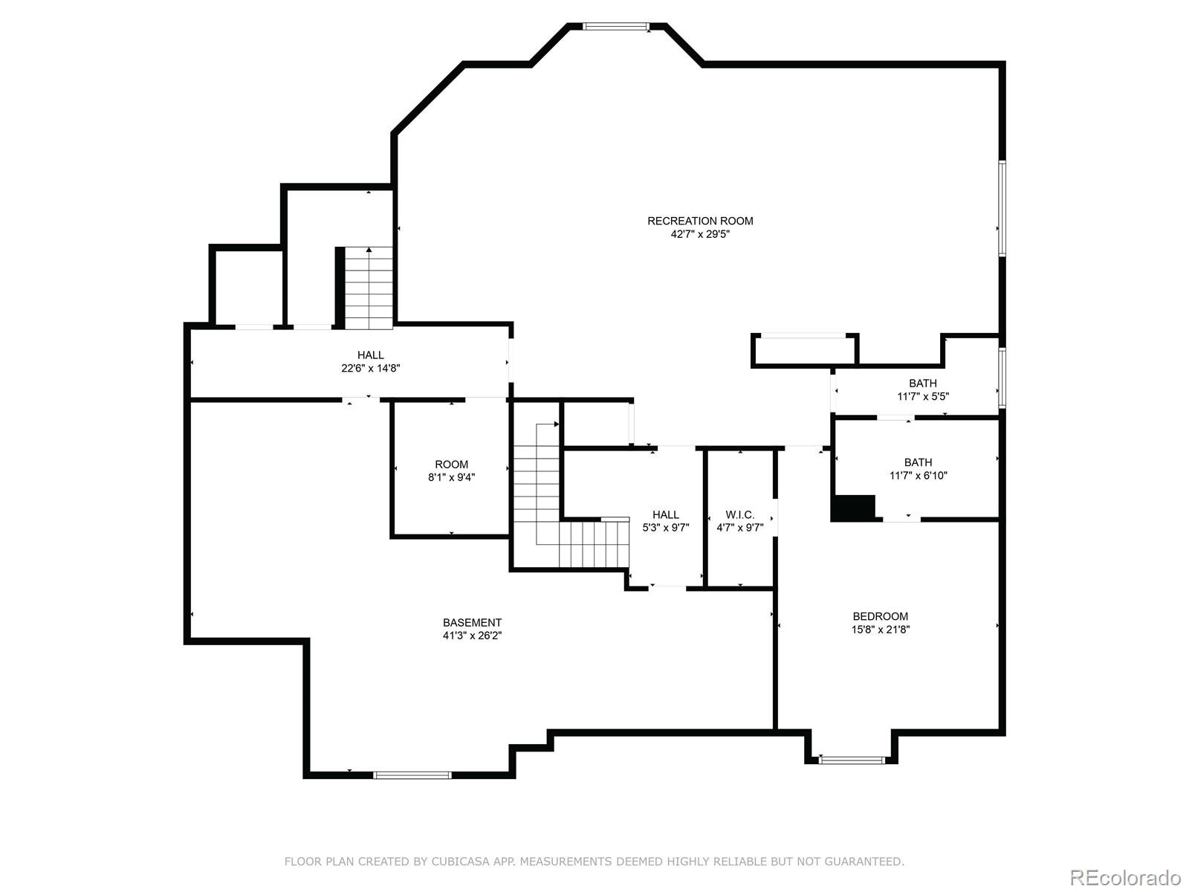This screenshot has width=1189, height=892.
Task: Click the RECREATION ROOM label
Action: pyautogui.click(x=700, y=221)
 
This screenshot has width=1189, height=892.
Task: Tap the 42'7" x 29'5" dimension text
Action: pyautogui.click(x=700, y=234)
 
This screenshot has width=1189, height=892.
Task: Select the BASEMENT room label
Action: pyautogui.click(x=473, y=623)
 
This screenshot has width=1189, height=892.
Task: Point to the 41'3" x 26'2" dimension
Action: pyautogui.click(x=473, y=636)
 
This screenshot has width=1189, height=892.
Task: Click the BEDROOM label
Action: pyautogui.click(x=881, y=616)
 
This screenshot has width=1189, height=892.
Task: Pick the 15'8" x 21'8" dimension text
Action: pyautogui.click(x=881, y=630)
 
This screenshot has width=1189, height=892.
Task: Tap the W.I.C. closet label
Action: pyautogui.click(x=740, y=514)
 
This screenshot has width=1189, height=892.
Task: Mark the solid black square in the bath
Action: pyautogui.click(x=853, y=508)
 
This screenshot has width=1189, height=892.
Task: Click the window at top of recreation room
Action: pyautogui.click(x=616, y=26)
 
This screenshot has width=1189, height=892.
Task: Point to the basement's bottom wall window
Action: pyautogui.click(x=412, y=775)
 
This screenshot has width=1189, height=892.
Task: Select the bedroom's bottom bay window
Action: pyautogui.click(x=852, y=760)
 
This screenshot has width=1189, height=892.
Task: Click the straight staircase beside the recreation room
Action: pyautogui.click(x=369, y=288)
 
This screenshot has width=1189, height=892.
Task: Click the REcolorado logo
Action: pyautogui.click(x=1125, y=877)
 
